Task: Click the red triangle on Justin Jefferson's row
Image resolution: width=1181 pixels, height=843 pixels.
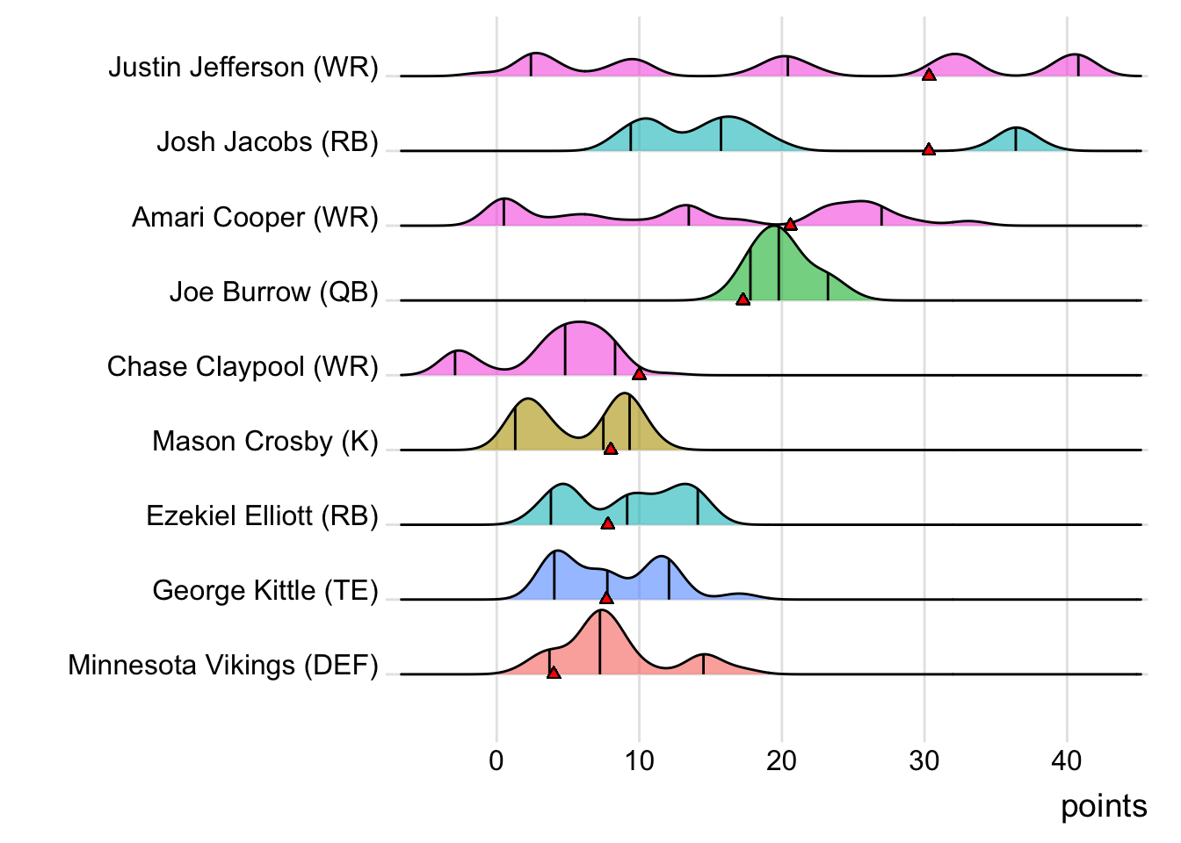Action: click(928, 76)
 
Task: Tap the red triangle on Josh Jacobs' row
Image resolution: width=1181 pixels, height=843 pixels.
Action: click(928, 150)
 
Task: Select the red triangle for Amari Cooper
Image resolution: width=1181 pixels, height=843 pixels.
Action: click(790, 225)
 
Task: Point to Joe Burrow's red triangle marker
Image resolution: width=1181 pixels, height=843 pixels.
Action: click(743, 299)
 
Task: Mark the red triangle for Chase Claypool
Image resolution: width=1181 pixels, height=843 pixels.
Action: click(639, 374)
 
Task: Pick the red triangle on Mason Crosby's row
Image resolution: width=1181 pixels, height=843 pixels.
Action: click(611, 449)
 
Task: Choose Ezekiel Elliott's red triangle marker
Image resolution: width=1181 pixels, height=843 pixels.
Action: click(607, 523)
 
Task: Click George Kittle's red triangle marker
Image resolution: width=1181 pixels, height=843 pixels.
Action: click(606, 598)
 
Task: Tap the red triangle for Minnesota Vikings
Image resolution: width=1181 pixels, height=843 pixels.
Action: click(553, 673)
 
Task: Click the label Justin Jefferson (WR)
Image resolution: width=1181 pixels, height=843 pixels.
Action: click(243, 68)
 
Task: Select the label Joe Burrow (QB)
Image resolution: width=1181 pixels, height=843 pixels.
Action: click(273, 292)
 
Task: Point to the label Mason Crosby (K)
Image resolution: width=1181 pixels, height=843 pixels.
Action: click(264, 441)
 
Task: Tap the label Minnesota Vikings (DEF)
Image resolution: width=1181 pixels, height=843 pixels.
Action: click(223, 665)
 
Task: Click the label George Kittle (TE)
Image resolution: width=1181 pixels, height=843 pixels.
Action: click(264, 590)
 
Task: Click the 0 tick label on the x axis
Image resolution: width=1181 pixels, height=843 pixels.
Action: click(496, 760)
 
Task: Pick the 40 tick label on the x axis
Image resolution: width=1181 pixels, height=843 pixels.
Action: click(1067, 760)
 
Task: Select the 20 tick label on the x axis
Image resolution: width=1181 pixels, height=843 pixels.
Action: click(781, 760)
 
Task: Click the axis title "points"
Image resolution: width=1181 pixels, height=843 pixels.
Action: click(1104, 806)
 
